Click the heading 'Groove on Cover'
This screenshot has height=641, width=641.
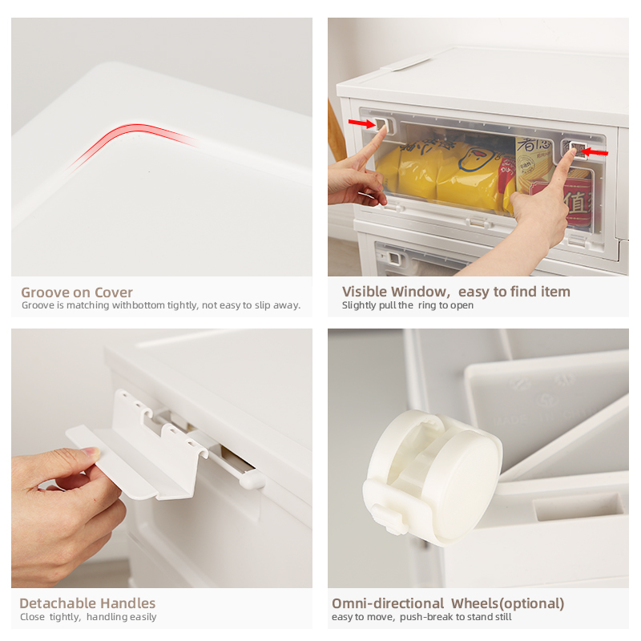pos(77,292)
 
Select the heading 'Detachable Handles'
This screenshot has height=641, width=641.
pos(87,603)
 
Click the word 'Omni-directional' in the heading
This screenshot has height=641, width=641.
pos(388,603)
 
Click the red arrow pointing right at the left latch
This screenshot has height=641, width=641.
pos(362,123)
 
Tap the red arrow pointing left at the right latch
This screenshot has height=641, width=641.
pos(595,152)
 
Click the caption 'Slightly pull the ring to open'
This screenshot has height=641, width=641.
pos(408,305)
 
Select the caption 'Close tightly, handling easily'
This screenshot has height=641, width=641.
pos(88,617)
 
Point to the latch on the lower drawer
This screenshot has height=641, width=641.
pos(393,258)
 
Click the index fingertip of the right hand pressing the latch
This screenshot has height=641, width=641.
pos(574,153)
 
